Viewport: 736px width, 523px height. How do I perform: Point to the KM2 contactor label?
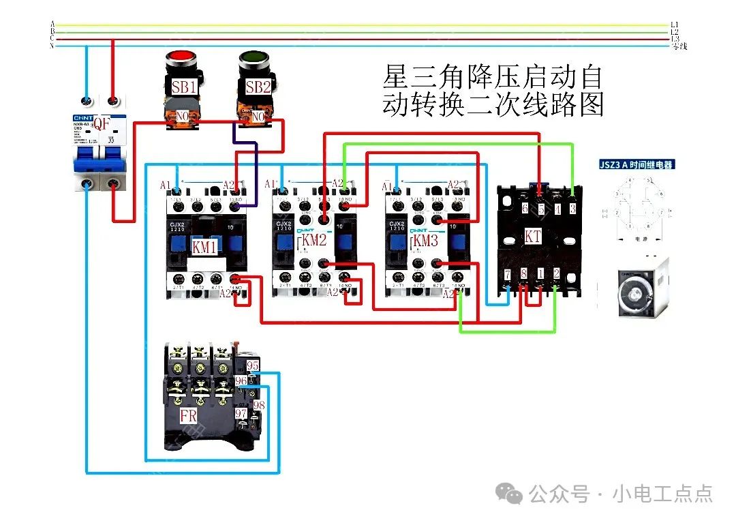(314, 240)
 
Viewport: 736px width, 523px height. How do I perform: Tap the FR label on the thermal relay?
(189, 416)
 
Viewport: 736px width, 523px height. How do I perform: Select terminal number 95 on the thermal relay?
(253, 365)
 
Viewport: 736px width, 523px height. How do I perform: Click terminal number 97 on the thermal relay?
(241, 413)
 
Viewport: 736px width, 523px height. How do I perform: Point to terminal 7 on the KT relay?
(507, 274)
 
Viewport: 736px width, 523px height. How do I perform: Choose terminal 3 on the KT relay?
(572, 209)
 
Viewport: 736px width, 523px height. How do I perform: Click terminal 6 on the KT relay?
(525, 209)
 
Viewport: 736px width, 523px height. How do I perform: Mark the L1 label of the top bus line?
(675, 25)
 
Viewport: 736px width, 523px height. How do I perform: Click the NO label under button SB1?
(183, 117)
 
